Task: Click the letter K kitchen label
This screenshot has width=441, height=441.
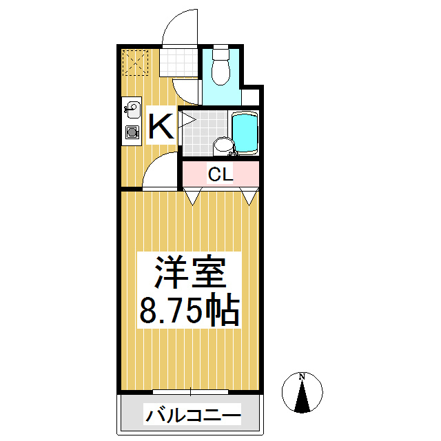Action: (161, 127)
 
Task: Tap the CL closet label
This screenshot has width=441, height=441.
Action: (221, 175)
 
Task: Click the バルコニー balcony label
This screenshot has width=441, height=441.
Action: (192, 416)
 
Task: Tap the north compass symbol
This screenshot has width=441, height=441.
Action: (302, 393)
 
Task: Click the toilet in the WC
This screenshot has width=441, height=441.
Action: (220, 67)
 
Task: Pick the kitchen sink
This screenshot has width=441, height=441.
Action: (131, 107)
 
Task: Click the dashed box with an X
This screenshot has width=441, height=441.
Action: (135, 63)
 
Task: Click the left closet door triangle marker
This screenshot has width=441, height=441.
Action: (192, 197)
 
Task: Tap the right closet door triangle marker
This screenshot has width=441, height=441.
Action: (249, 197)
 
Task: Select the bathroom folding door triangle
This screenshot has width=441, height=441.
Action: (188, 120)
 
